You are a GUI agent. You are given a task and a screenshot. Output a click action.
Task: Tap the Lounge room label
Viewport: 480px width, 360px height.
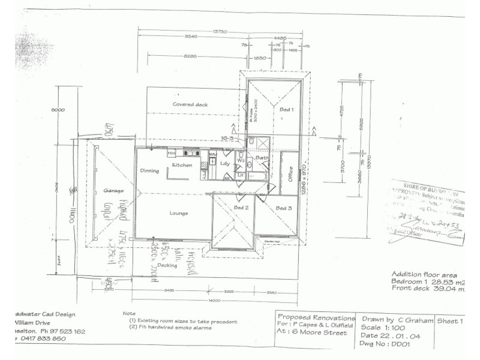point(179,213)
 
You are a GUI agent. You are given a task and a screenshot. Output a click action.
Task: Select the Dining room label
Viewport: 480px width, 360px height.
point(149,171)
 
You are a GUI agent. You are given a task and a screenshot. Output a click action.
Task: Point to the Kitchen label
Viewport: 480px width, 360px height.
point(182,165)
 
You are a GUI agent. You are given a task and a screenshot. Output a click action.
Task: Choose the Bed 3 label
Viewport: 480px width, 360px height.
point(284,208)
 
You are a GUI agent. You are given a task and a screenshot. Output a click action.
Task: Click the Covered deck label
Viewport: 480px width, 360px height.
point(190,104)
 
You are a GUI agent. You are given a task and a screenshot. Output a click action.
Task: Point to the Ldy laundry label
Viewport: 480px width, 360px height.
point(226,163)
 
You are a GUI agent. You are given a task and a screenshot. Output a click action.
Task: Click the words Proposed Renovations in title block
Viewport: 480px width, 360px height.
point(316,317)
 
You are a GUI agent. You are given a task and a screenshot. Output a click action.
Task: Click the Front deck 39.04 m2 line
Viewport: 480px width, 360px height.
point(428,288)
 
